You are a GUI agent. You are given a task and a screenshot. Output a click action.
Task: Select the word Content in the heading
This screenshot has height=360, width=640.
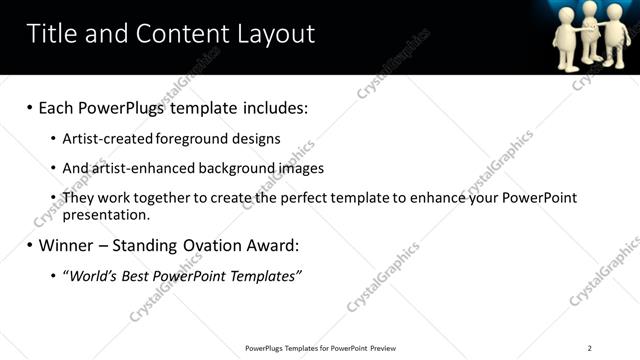point(180,34)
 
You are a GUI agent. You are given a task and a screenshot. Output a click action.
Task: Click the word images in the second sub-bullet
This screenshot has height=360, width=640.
point(301,168)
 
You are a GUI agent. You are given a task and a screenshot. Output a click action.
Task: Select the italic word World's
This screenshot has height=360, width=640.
point(93,275)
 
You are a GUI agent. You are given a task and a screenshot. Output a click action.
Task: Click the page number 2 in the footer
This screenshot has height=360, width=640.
point(589,348)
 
